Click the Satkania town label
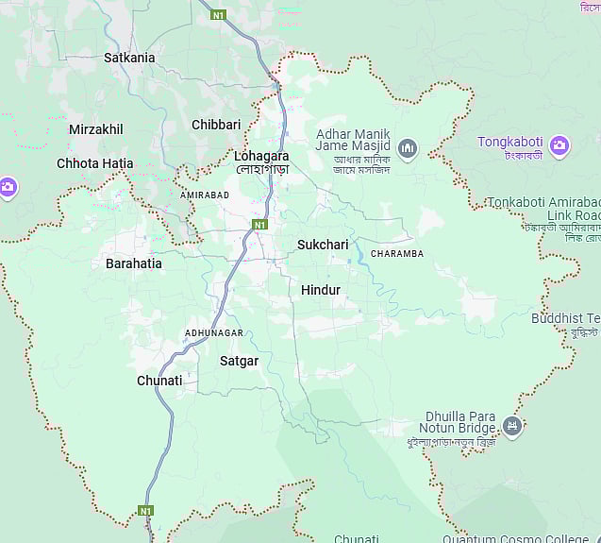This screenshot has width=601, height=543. coord(129,58)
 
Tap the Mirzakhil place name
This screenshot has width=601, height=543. coord(95,129)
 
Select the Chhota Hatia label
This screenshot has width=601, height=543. coord(94,163)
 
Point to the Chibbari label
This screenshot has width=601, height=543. coord(216,125)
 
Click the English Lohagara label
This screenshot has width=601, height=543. coord(261,156)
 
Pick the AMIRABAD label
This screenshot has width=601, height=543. coord(205,195)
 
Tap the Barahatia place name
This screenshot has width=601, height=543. coord(133,263)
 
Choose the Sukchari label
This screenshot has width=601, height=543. coord(323,245)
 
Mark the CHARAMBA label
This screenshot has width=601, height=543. coord(397,254)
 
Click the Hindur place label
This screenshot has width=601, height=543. coord(320,290)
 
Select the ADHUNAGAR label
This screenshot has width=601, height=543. coord(214,333)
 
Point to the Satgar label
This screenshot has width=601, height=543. coord(239,361)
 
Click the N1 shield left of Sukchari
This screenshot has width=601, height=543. coord(259,225)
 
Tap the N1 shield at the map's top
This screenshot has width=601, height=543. coord(218,15)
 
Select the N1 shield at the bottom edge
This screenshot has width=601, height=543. coord(145,511)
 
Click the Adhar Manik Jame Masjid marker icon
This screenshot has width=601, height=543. coord(408,147)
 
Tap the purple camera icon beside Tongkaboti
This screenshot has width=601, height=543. coord(559,144)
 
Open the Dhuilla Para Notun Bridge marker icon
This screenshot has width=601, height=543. coord(512,426)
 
